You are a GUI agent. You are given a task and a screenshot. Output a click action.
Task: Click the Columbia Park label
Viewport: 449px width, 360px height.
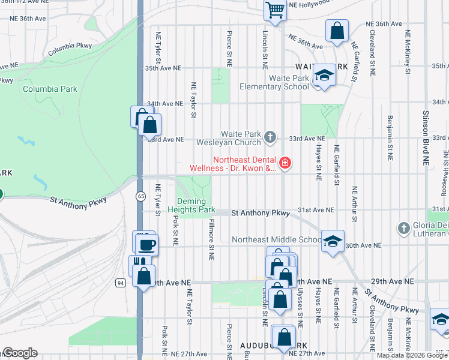[50, 89]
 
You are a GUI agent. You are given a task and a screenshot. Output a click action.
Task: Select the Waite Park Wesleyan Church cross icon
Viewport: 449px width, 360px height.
[270, 138]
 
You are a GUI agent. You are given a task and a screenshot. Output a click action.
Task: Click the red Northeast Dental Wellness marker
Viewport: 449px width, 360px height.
[285, 163]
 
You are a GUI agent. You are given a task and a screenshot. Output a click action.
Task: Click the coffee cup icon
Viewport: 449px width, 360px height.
[147, 244]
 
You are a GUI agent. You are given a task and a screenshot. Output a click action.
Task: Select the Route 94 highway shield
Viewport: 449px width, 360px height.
[121, 282]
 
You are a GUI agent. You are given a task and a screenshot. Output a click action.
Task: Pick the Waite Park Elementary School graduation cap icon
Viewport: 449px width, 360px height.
[324, 76]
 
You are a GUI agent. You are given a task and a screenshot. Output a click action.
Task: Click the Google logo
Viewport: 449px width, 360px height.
[19, 353]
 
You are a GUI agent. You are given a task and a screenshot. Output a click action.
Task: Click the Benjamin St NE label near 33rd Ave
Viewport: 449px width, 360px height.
[390, 137]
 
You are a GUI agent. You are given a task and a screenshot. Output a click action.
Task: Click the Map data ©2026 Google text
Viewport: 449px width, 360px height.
[411, 355]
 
